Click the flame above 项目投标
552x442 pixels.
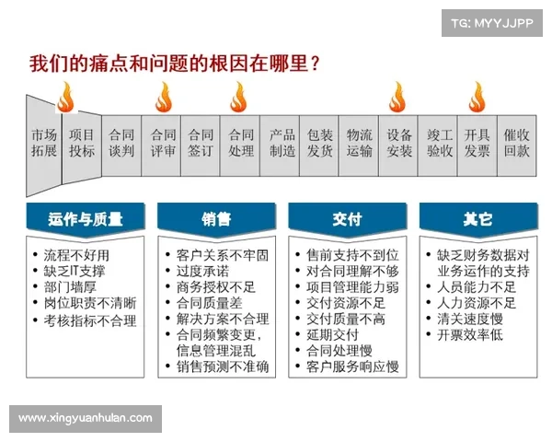click(66, 96)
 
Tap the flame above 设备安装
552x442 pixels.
click(397, 96)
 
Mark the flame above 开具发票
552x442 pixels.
click(477, 96)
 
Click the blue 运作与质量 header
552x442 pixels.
click(86, 220)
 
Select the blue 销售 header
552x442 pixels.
click(217, 220)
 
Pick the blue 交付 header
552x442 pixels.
click(348, 220)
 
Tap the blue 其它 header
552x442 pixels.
click(478, 220)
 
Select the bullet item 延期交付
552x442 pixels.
click(332, 334)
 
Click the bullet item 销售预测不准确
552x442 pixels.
click(223, 366)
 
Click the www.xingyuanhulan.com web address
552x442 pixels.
click(85, 418)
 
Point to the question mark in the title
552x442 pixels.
click(316, 64)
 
